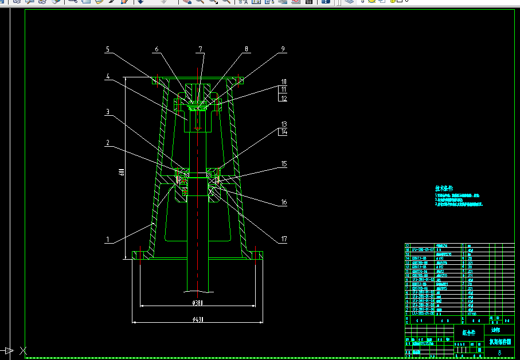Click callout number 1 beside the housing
coord(107,239)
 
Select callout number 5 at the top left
coord(107,49)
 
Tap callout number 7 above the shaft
coord(201,49)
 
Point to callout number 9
coord(283,49)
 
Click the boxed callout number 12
coord(283,98)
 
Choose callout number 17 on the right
coord(283,239)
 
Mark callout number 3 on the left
coord(107,112)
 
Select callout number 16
coord(283,202)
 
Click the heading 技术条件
coord(443,188)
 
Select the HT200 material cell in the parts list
coord(472,314)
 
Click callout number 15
coord(283,164)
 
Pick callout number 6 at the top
coord(156,49)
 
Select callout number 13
coord(283,124)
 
